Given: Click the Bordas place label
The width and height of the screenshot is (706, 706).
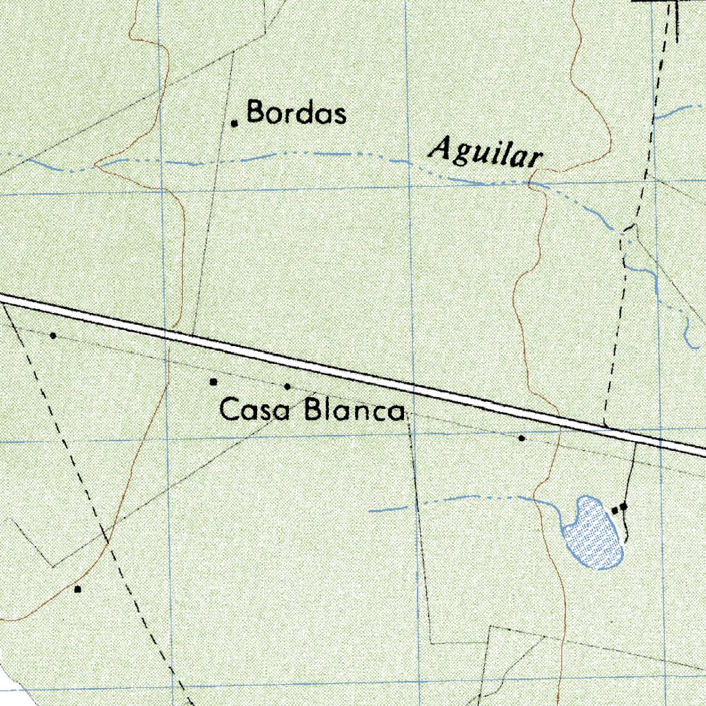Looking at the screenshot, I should (296, 112).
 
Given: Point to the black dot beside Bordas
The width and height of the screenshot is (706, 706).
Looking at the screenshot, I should (234, 123).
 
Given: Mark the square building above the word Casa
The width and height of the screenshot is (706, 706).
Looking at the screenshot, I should (214, 381).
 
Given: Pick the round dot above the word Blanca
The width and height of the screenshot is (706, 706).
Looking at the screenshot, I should (288, 386).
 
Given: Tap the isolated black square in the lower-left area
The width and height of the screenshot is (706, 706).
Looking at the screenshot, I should (78, 589).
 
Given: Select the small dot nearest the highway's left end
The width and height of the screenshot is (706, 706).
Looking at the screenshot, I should (53, 336).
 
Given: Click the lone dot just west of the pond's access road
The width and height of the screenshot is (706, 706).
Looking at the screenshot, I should (522, 438).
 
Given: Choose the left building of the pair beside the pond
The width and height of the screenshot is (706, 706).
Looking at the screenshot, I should (615, 510).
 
